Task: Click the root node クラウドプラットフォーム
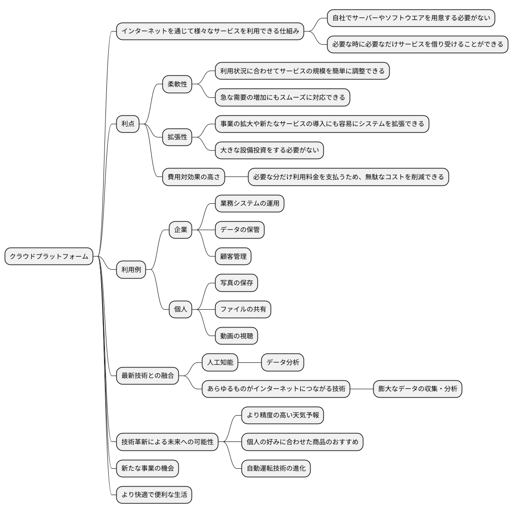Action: (x=49, y=256)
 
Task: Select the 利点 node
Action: (x=128, y=124)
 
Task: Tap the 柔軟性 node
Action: (x=177, y=84)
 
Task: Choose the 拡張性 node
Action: (x=177, y=137)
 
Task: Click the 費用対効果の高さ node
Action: (x=194, y=176)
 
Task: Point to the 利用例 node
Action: (x=131, y=270)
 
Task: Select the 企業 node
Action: (x=181, y=230)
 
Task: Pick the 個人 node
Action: (x=181, y=309)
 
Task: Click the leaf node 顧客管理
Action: (x=233, y=256)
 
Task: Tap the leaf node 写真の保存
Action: (x=237, y=283)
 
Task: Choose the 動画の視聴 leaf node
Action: (x=237, y=336)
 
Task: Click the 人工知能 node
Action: (x=220, y=362)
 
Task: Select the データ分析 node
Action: (x=283, y=362)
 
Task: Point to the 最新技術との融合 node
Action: (x=148, y=376)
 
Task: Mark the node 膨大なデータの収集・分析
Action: (x=417, y=389)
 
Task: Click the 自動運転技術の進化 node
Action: (x=276, y=468)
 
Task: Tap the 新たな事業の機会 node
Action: (x=148, y=468)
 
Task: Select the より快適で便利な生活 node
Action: (x=154, y=495)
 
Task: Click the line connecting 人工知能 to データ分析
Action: (x=249, y=362)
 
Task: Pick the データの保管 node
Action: (x=240, y=230)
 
